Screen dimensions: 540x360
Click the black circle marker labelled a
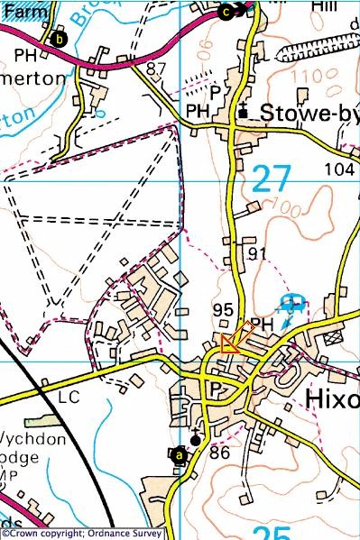click(x=179, y=455)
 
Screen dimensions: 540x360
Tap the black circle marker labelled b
click(x=60, y=39)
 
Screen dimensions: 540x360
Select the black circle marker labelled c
click(x=226, y=11)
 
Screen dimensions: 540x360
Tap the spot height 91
click(x=258, y=254)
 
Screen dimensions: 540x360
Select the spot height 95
click(x=224, y=309)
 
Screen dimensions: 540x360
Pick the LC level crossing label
click(x=69, y=396)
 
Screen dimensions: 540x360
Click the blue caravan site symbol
click(x=291, y=304)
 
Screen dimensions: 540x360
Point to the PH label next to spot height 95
click(x=261, y=324)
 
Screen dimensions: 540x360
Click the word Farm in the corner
click(x=17, y=6)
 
